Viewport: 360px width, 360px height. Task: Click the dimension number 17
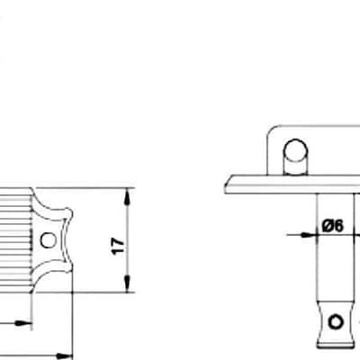point(118,247)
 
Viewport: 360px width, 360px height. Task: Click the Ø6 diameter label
point(332,226)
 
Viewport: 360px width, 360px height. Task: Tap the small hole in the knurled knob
point(48,240)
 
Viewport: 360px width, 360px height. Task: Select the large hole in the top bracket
point(295,150)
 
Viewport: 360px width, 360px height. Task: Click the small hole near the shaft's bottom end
point(335,321)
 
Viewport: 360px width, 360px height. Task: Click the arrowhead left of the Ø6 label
point(309,235)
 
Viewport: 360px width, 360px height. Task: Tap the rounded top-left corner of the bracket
point(271,130)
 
